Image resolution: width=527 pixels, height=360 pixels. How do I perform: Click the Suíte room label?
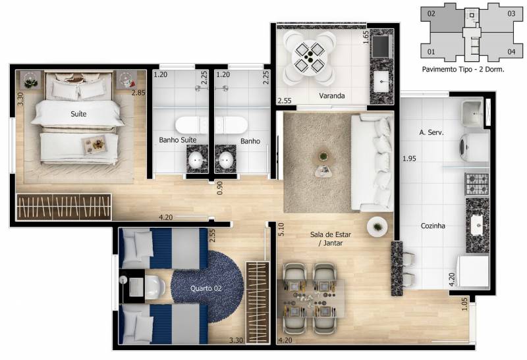pos(78,114)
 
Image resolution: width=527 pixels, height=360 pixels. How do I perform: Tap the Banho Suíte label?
pos(177,140)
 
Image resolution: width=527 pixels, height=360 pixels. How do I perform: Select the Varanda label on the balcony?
pos(332,95)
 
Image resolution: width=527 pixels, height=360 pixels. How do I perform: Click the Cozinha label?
pos(433,226)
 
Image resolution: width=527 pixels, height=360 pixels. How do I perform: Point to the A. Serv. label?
pos(431,133)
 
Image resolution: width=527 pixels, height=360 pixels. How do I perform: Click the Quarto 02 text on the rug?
pos(206,288)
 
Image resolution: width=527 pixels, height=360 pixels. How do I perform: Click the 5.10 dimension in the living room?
pos(281,229)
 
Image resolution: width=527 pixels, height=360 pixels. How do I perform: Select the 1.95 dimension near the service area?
pos(409,159)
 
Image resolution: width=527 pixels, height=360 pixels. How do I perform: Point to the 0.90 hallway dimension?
pos(219,188)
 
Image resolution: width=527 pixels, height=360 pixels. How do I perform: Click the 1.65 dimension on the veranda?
pos(366,38)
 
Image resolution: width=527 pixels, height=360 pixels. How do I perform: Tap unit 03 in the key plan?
pos(511,14)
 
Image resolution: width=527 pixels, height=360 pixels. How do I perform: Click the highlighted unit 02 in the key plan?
pos(431,13)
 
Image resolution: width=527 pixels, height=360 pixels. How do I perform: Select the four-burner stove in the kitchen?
pos(477,184)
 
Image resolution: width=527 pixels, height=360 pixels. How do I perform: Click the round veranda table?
pos(309,58)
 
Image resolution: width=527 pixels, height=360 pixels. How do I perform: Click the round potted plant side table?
pos(377,227)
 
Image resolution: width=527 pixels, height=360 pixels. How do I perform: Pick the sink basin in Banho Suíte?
pos(197,161)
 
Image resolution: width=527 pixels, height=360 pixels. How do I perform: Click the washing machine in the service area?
pos(474,147)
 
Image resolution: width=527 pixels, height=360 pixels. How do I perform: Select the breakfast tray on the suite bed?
pos(95,145)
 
